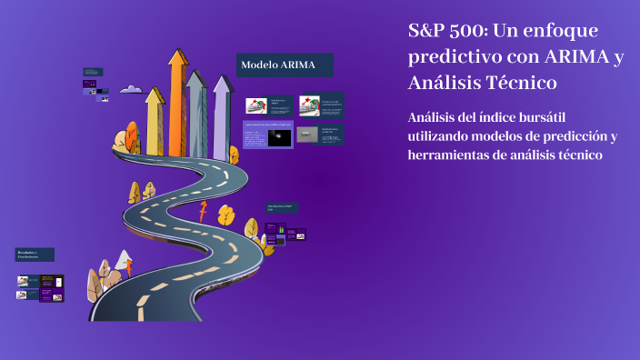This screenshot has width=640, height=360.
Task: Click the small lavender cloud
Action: point(131,89)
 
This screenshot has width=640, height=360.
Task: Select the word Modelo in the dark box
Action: point(258,65)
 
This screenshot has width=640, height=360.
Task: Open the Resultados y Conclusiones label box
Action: point(35,255)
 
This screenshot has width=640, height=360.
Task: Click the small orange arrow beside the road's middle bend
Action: point(203,211)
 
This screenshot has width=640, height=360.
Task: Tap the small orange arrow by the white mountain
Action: point(129,267)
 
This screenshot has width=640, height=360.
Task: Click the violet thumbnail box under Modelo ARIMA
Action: point(267,135)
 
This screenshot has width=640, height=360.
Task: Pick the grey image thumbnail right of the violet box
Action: point(308,135)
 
